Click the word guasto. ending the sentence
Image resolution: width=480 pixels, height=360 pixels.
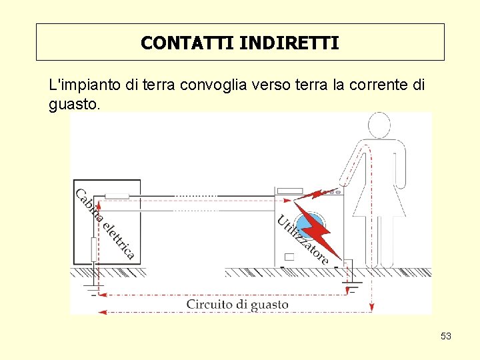[x=75, y=105]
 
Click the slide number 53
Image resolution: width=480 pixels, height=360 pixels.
[x=446, y=336]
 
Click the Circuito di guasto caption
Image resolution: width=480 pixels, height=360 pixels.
[x=237, y=305]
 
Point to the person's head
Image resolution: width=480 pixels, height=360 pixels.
[x=379, y=126]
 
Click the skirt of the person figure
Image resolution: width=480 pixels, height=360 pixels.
[x=379, y=200]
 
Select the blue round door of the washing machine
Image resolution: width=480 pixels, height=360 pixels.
[x=306, y=227]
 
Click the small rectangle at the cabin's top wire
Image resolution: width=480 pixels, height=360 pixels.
[x=117, y=195]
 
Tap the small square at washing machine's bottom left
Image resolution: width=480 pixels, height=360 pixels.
[x=289, y=257]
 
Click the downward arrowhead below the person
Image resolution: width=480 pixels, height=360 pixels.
[x=371, y=307]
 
